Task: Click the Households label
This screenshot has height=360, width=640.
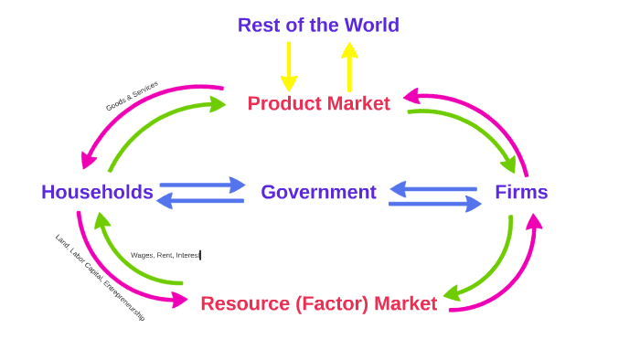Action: coord(97,192)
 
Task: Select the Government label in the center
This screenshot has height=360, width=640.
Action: coord(318,192)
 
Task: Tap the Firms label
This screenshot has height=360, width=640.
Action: coord(521,192)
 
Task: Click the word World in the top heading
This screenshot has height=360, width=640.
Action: coord(365,25)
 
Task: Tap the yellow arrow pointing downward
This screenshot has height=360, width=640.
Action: coord(289,66)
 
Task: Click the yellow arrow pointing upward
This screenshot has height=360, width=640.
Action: coord(349,66)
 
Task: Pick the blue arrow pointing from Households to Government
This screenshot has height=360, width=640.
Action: coord(202,185)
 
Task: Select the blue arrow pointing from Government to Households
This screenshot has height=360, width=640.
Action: coord(200,201)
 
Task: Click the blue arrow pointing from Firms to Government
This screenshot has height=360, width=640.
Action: coord(433,189)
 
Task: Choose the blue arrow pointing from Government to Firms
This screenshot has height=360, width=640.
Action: coord(435,204)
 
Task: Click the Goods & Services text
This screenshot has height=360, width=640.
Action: coord(132,96)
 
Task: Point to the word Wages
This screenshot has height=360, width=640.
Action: coord(142,255)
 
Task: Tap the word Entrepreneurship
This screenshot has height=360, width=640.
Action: coord(124,301)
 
